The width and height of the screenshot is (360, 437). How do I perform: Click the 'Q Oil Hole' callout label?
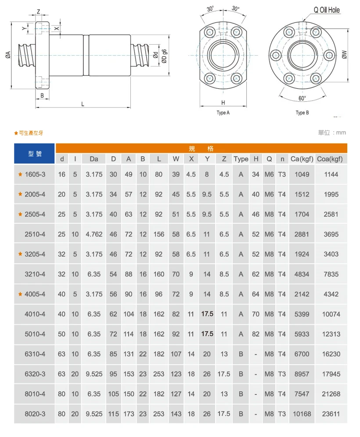[x=327, y=10]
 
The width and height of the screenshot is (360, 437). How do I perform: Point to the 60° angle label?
[x=302, y=98]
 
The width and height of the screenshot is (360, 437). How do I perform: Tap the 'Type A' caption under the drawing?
[x=223, y=113]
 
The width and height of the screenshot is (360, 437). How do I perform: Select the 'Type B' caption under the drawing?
[x=302, y=113]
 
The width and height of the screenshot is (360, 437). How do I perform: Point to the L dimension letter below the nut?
[x=83, y=104]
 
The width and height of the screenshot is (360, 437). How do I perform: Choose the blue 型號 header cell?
[x=35, y=154]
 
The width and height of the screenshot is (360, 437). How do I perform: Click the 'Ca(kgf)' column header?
[x=302, y=159]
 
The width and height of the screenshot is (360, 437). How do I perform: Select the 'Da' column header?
[x=94, y=159]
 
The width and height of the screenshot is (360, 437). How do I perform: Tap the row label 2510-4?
[x=35, y=234]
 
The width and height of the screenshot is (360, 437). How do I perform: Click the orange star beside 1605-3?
[x=20, y=174]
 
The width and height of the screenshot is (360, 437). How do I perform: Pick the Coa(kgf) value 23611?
[x=331, y=414]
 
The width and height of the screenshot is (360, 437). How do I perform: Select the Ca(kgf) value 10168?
[x=302, y=414]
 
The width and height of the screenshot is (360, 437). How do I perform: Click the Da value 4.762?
[x=94, y=234]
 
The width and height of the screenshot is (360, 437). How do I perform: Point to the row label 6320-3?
[x=35, y=374]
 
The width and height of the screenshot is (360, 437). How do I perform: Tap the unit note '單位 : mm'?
[x=332, y=133]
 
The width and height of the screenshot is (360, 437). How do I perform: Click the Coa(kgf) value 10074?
[x=331, y=314]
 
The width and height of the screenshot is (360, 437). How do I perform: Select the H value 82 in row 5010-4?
[x=256, y=334]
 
